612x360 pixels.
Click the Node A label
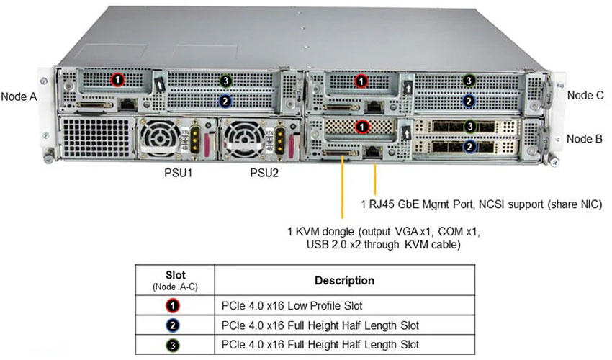pos(19,96)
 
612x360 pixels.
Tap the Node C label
pos(585,94)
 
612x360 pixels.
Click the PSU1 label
pos(177,174)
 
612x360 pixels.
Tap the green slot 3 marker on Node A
pos(225,80)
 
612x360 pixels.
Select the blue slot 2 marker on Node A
pos(225,102)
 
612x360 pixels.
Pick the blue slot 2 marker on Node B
pos(469,147)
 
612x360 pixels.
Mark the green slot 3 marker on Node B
pos(469,127)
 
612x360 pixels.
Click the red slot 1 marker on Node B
pos(363,127)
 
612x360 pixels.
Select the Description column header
pos(344,280)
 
